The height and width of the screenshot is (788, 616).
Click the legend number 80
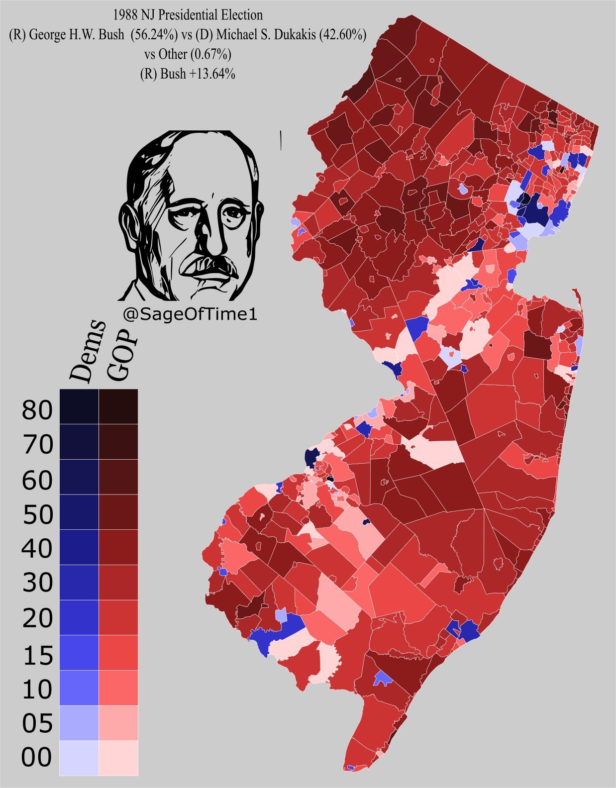pos(37,410)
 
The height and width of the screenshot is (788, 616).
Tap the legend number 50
pos(37,514)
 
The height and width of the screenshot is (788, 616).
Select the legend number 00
pos(36,757)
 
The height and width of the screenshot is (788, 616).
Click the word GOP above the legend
pos(121,354)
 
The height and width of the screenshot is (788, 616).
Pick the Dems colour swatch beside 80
pos(79,406)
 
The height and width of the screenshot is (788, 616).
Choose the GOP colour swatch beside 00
pos(118,757)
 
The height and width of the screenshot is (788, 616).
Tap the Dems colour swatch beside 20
pos(79,617)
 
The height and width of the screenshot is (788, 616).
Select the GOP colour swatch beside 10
pos(118,688)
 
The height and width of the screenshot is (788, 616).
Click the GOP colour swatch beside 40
pos(118,547)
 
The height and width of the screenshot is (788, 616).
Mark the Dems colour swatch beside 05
pos(79,722)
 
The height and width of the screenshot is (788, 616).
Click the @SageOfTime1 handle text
pos(190,314)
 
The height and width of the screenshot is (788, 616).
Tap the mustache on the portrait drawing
pos(209,264)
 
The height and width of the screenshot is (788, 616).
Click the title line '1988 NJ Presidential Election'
pos(188,15)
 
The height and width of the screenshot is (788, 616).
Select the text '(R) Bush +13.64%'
pos(188,74)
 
